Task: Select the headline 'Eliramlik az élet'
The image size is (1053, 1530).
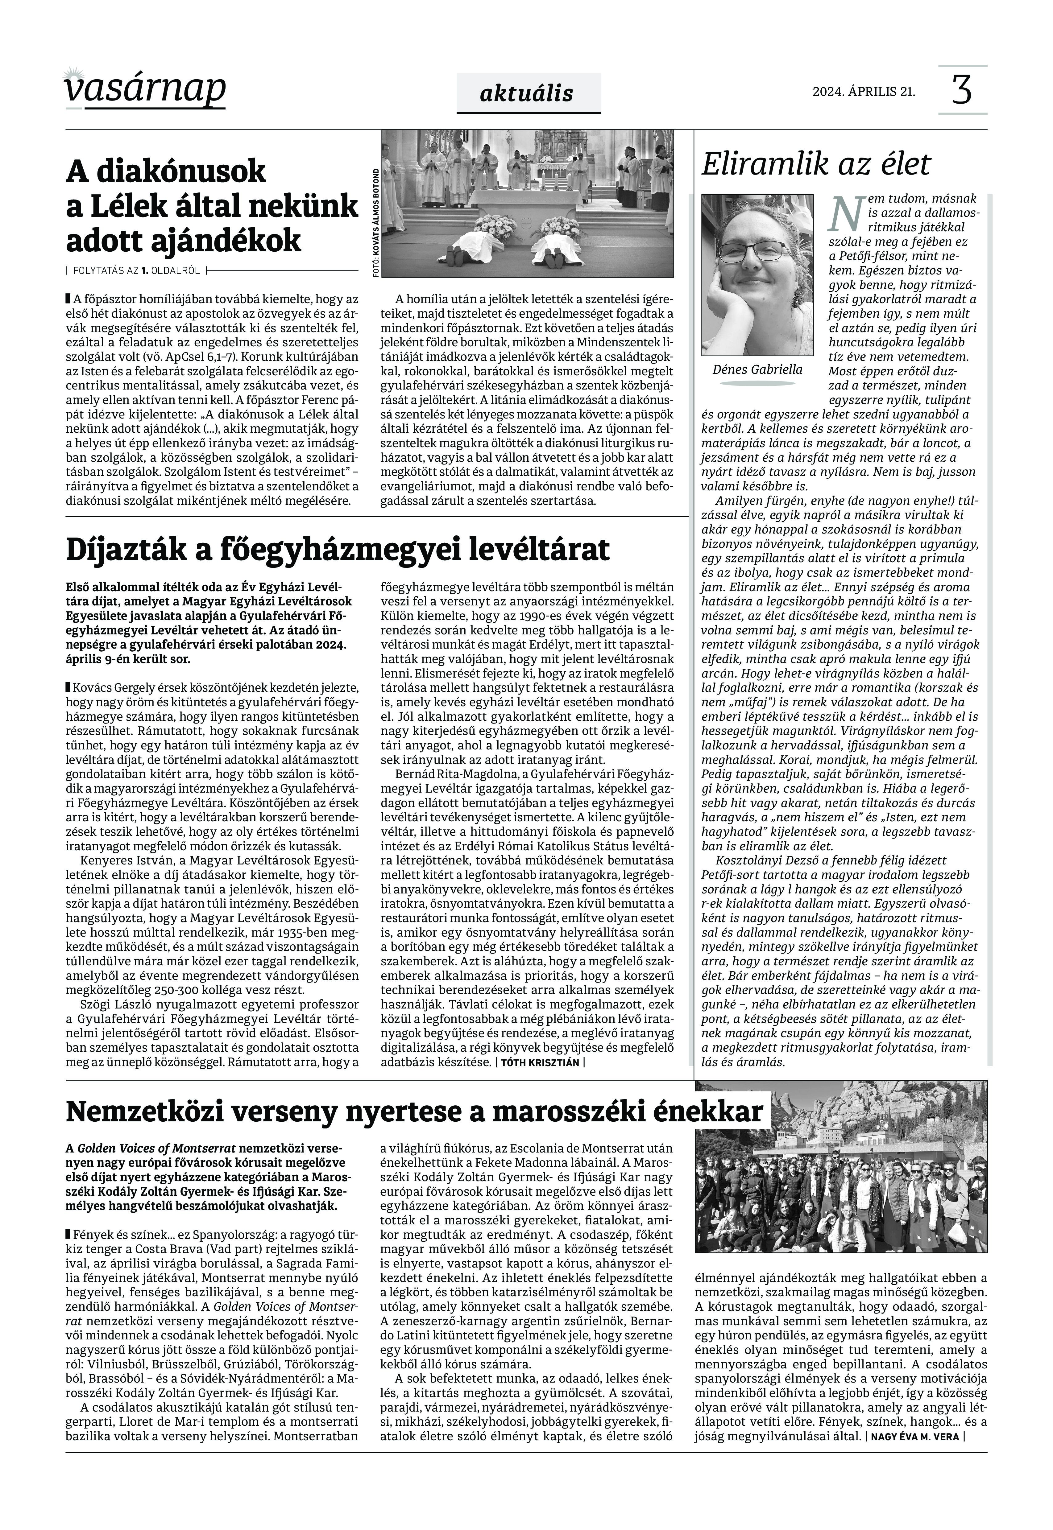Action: pyautogui.click(x=816, y=164)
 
